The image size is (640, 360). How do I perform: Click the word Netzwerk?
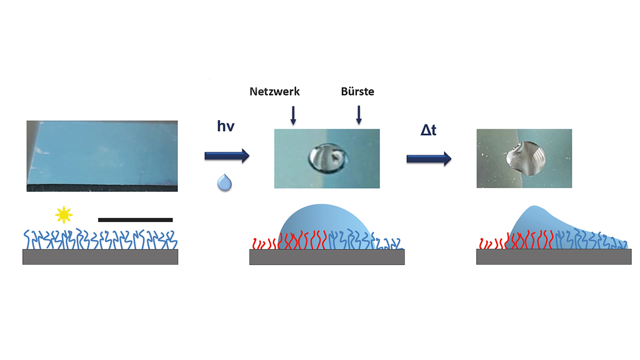274,92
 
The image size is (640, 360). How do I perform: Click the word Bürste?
357,92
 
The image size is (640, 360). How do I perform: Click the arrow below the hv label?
226,156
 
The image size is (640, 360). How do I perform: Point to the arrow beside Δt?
429,158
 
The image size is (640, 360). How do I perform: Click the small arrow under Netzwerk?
293,115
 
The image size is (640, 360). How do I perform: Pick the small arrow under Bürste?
358,115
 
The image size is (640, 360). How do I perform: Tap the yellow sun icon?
64,215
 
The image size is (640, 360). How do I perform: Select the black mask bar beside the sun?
135,220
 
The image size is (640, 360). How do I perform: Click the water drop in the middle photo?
325,157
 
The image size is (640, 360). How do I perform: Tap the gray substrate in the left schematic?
100,257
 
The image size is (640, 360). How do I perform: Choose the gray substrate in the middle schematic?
327,257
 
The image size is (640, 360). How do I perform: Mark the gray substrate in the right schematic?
553,257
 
